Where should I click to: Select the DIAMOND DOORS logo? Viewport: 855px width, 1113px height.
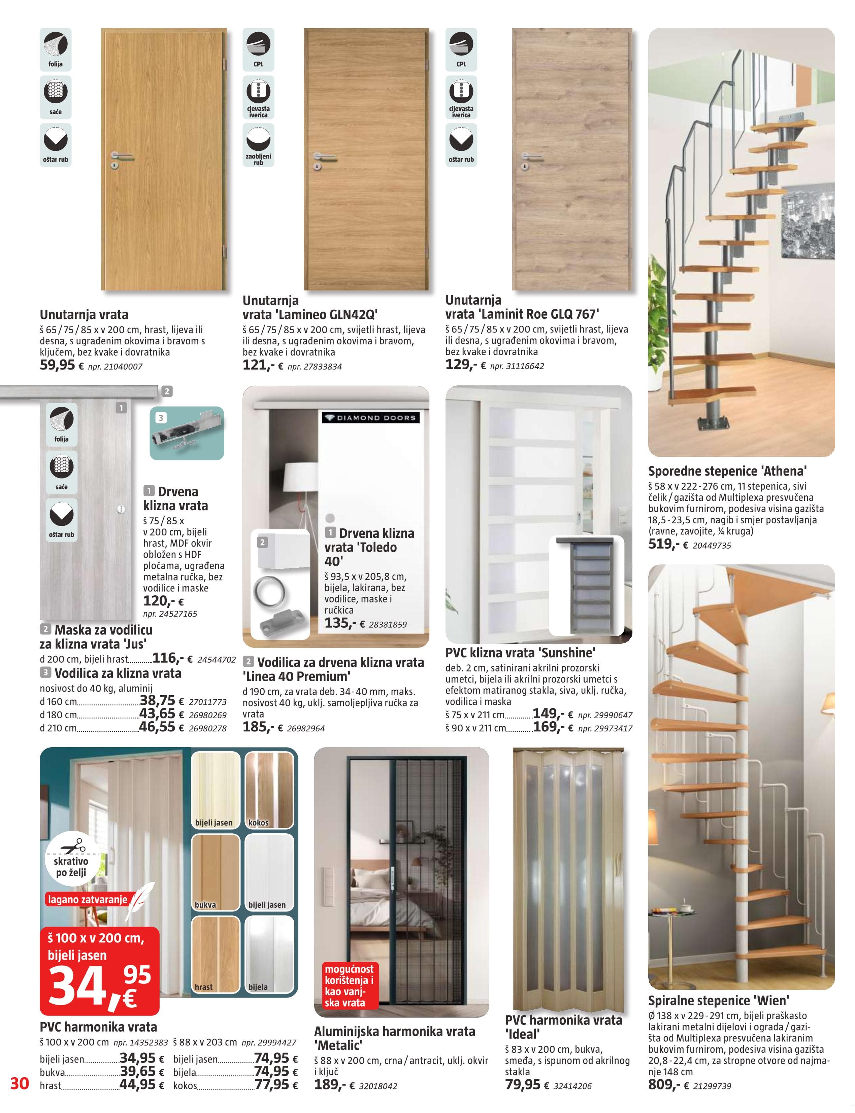tap(370, 418)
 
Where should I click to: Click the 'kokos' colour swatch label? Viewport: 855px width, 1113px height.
tap(259, 823)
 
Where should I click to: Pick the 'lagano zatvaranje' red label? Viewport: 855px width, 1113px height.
tap(88, 899)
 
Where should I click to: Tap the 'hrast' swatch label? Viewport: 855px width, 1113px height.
tap(204, 987)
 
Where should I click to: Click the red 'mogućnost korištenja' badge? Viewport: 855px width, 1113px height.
tap(349, 986)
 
